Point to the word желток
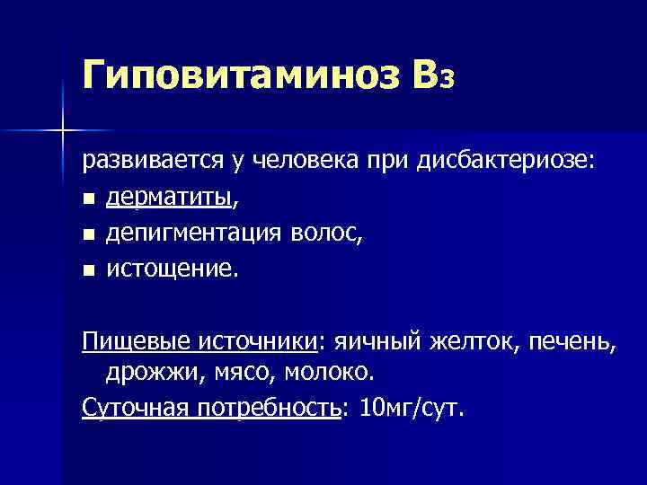tap(475, 341)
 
